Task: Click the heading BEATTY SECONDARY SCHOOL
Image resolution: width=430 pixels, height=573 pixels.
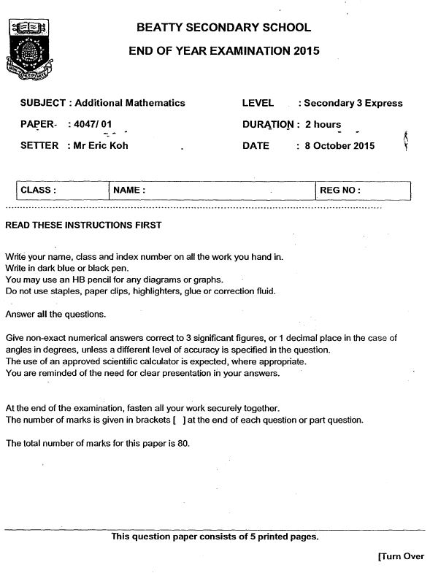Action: (x=223, y=28)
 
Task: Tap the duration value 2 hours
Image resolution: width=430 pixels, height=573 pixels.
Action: (x=323, y=124)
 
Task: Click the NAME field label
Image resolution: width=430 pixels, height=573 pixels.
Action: (x=129, y=190)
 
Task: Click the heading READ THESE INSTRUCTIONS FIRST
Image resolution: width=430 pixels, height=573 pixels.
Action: (x=83, y=225)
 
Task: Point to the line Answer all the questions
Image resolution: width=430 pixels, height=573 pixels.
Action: (x=55, y=314)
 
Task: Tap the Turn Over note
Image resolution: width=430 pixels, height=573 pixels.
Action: (x=401, y=556)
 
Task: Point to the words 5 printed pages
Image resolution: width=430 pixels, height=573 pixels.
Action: (x=281, y=537)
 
